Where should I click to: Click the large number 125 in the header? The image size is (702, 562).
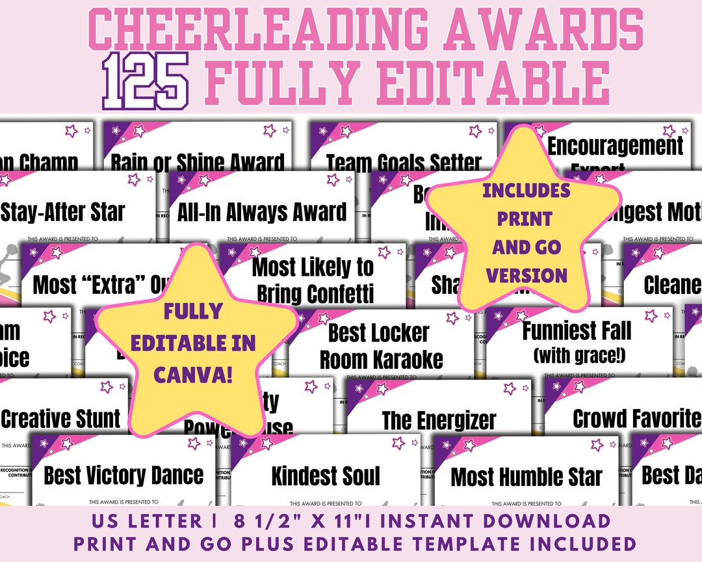pyautogui.click(x=146, y=80)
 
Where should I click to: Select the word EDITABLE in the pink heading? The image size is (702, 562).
pyautogui.click(x=494, y=81)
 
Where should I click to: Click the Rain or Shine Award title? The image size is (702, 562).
pyautogui.click(x=198, y=163)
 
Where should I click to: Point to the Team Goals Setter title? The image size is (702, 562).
pyautogui.click(x=404, y=163)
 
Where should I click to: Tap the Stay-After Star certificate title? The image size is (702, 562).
pyautogui.click(x=63, y=211)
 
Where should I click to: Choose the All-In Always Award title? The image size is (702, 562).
pyautogui.click(x=262, y=211)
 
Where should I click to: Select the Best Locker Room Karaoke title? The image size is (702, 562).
pyautogui.click(x=381, y=346)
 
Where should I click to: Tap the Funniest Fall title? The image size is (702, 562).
pyautogui.click(x=577, y=330)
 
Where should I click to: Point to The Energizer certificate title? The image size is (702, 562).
pyautogui.click(x=439, y=420)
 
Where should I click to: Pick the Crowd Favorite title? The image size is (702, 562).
pyautogui.click(x=636, y=419)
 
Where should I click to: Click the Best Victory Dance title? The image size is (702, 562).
pyautogui.click(x=123, y=475)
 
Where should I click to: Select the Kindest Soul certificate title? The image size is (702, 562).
pyautogui.click(x=326, y=475)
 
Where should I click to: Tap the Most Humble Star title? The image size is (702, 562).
pyautogui.click(x=526, y=477)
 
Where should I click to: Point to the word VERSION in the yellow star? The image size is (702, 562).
pyautogui.click(x=527, y=275)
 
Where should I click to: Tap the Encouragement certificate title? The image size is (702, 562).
pyautogui.click(x=616, y=146)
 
